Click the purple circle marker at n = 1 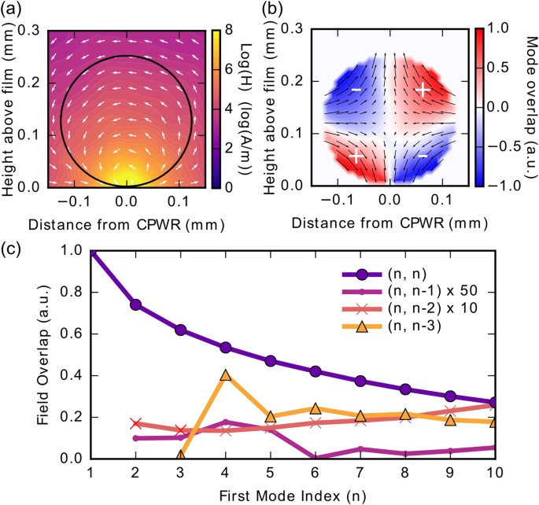90,252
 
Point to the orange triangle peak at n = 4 226,375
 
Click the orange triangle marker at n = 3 181,455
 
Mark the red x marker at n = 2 136,424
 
